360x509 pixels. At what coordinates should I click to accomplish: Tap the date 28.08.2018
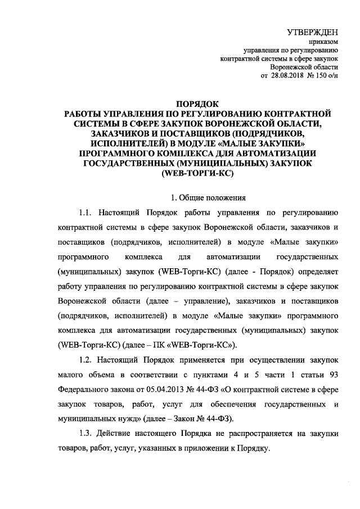pos(286,76)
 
